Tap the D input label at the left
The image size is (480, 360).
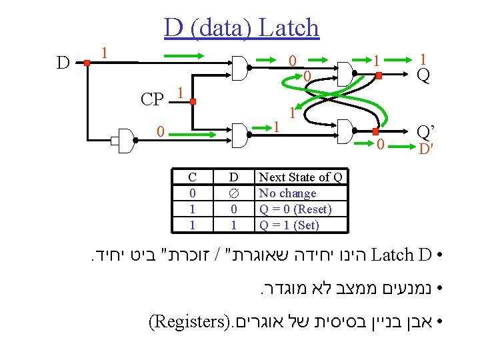63,63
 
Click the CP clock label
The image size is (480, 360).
152,100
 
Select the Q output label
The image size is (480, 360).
423,76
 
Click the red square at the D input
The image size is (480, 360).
87,63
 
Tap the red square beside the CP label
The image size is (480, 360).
192,102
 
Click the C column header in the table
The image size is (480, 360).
192,177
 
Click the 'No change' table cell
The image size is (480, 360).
287,193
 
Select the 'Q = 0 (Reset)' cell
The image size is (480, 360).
295,209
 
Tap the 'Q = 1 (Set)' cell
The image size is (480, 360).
289,225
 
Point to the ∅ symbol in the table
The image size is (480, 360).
233,193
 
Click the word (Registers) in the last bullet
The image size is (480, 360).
187,324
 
